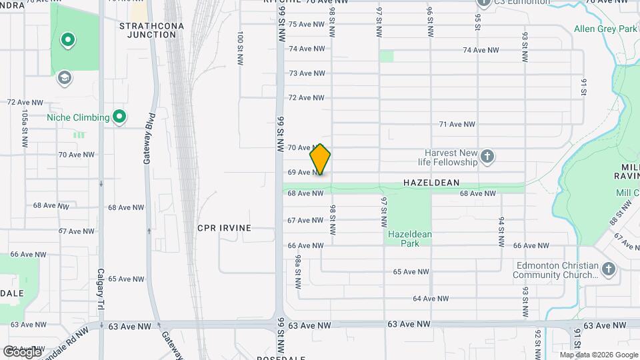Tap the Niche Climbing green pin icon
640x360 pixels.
coord(119,117)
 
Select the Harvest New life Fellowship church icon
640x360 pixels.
coord(487,157)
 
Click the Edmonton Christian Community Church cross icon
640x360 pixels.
coord(607,270)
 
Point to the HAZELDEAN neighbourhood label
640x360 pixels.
coord(431,182)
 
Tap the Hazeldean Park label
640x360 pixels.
coord(410,239)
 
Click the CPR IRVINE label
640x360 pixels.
coord(224,228)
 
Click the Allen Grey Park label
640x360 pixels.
coord(605,29)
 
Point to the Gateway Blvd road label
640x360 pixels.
coord(147,146)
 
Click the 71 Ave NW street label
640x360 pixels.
coord(457,124)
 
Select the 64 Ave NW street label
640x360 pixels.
coord(430,298)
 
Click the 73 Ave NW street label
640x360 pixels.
coord(306,73)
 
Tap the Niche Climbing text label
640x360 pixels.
coord(78,118)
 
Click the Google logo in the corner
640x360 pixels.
coord(22,351)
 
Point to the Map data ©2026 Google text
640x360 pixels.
coord(598,355)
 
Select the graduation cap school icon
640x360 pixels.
coord(65,78)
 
